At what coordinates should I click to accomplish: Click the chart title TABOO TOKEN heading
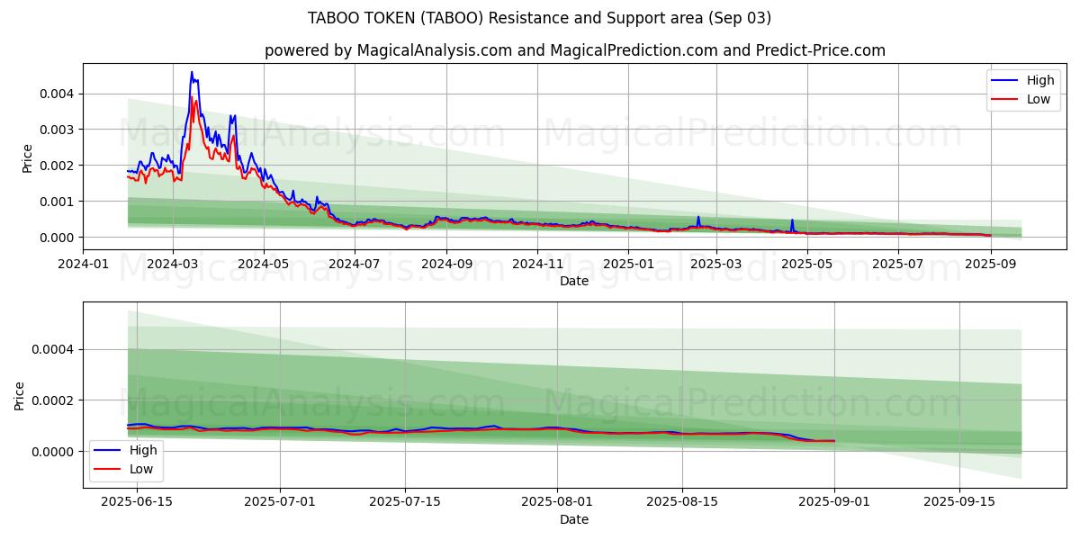[x=539, y=18]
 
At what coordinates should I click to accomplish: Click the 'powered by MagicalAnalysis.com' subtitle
[x=574, y=50]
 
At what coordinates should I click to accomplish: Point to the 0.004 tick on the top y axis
[x=56, y=94]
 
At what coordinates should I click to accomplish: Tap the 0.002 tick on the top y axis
[x=56, y=166]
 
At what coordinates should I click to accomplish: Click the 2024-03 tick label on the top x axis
[x=173, y=264]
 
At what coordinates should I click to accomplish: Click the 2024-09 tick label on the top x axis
[x=446, y=264]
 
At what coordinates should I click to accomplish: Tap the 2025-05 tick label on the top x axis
[x=807, y=264]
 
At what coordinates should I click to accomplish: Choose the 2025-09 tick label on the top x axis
[x=990, y=264]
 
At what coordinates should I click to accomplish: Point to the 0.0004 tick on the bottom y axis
[x=52, y=349]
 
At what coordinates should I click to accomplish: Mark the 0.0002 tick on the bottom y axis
[x=52, y=400]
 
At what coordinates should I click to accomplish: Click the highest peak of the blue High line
[x=191, y=72]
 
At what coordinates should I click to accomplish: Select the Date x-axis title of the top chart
[x=574, y=281]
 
